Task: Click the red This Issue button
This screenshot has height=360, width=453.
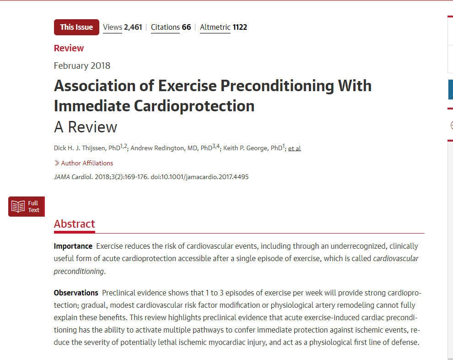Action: [x=76, y=27]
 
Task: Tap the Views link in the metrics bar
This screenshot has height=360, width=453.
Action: [x=113, y=27]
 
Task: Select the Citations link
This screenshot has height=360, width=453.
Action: [x=165, y=27]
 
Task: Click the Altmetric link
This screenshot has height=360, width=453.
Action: [x=215, y=27]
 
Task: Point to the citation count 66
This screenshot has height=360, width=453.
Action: [x=186, y=27]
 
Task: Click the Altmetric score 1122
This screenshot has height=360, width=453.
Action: [x=240, y=27]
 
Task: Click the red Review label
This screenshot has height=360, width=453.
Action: [x=69, y=48]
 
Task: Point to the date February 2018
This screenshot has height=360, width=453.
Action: [x=82, y=65]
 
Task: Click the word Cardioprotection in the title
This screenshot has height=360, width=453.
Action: [x=194, y=106]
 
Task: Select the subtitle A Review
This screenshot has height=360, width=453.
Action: [x=86, y=127]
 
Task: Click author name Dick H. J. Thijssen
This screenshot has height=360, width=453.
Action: [x=80, y=148]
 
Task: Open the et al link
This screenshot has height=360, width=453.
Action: [x=294, y=148]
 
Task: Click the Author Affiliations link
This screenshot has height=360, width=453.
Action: [x=87, y=163]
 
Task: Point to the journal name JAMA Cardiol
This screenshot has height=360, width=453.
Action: [x=73, y=177]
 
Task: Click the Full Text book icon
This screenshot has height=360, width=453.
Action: [x=18, y=207]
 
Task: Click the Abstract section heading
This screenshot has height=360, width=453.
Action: [x=75, y=224]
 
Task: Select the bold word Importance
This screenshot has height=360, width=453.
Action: [x=73, y=246]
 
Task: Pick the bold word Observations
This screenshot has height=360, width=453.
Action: [x=76, y=293]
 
